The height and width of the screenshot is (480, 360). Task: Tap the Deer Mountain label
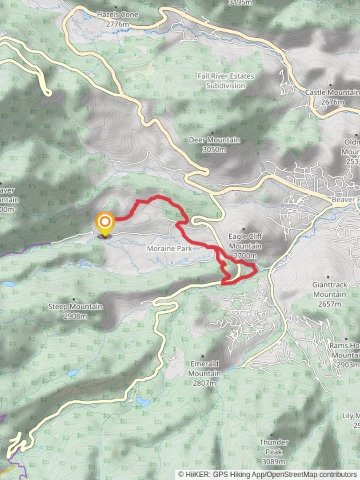coord(214,140)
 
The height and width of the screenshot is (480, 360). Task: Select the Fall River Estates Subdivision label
coord(226,80)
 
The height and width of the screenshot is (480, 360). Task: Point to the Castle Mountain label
coord(332,92)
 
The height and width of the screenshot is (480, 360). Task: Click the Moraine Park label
coord(170,248)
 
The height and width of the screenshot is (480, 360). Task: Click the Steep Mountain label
coord(75,307)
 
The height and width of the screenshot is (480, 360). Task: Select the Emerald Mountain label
coord(204,368)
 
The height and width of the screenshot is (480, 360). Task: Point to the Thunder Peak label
coord(274,447)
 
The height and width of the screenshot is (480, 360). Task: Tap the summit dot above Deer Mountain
coord(212,132)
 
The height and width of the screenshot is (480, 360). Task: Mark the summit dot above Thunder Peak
coord(272,436)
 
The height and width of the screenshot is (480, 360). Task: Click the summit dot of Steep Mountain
coord(74,299)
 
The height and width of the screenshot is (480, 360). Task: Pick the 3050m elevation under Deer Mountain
coord(214,149)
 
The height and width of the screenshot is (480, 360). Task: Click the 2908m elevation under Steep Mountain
coord(75,316)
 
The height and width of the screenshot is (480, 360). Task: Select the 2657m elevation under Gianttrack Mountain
coord(330,304)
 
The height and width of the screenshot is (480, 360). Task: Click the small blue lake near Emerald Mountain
coord(143,402)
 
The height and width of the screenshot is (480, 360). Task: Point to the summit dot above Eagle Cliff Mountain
coord(243,229)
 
